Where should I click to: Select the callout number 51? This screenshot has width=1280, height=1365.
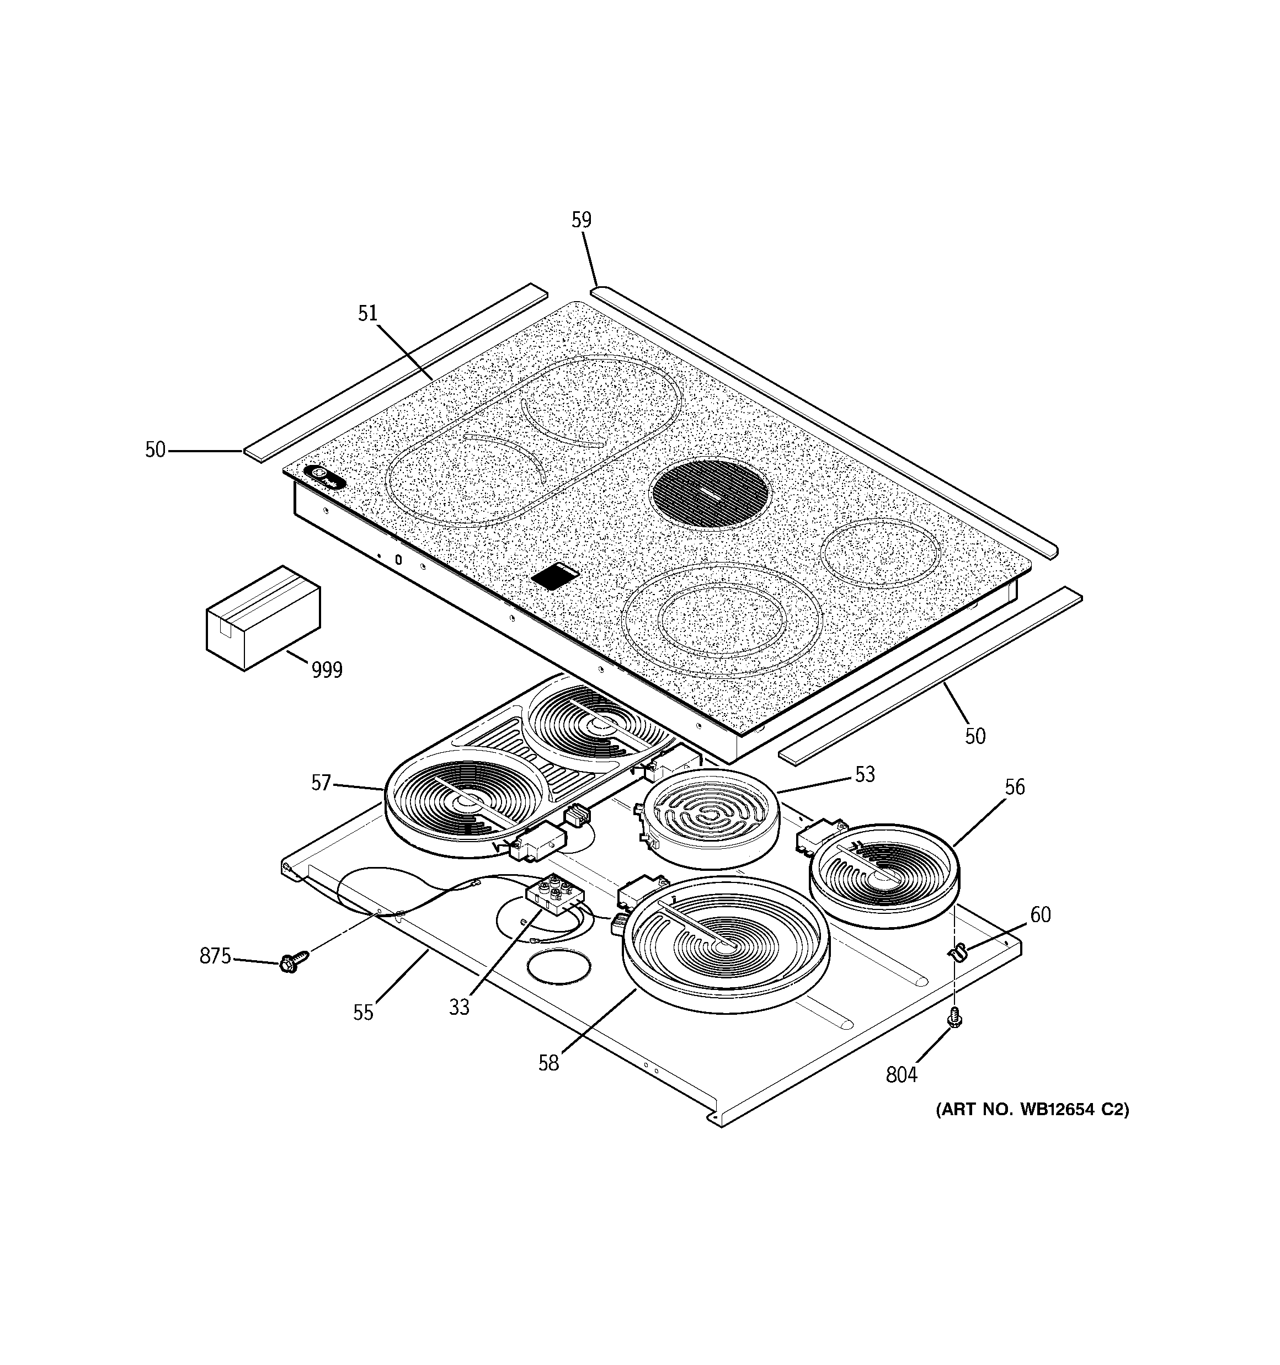(x=367, y=313)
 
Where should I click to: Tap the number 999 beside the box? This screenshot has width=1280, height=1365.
(x=327, y=670)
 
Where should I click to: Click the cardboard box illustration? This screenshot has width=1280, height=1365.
(x=263, y=617)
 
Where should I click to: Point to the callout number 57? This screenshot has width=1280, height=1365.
(x=321, y=783)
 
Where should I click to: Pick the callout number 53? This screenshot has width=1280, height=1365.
(x=865, y=774)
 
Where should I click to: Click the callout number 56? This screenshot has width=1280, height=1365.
(x=1014, y=787)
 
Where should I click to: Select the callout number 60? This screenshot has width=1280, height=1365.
(x=1040, y=914)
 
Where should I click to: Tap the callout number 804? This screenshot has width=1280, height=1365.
(x=902, y=1074)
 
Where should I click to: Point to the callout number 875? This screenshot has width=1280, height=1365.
(x=215, y=956)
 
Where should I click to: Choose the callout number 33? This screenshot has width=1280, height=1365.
(x=459, y=1007)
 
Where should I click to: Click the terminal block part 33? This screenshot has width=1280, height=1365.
(x=554, y=895)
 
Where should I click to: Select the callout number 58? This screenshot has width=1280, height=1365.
(x=548, y=1063)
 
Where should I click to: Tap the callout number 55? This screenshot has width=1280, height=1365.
(x=363, y=1013)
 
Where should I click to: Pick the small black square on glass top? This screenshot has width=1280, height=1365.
(x=555, y=575)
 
